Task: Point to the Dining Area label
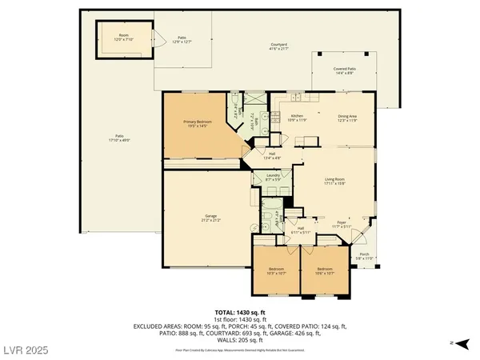[346, 118]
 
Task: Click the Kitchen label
[297, 118]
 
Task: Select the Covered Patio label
[346, 70]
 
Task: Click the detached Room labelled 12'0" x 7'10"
[123, 37]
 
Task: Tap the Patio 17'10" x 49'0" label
[119, 138]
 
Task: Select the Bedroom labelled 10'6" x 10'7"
[324, 270]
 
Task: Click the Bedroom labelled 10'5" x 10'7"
[276, 270]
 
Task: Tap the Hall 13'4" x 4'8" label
[272, 155]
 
